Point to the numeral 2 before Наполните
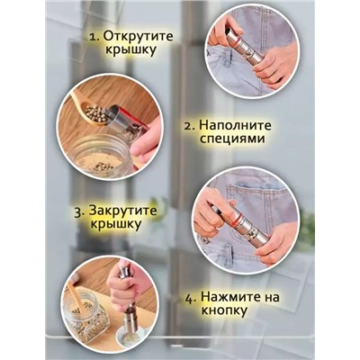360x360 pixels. click(187, 131)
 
